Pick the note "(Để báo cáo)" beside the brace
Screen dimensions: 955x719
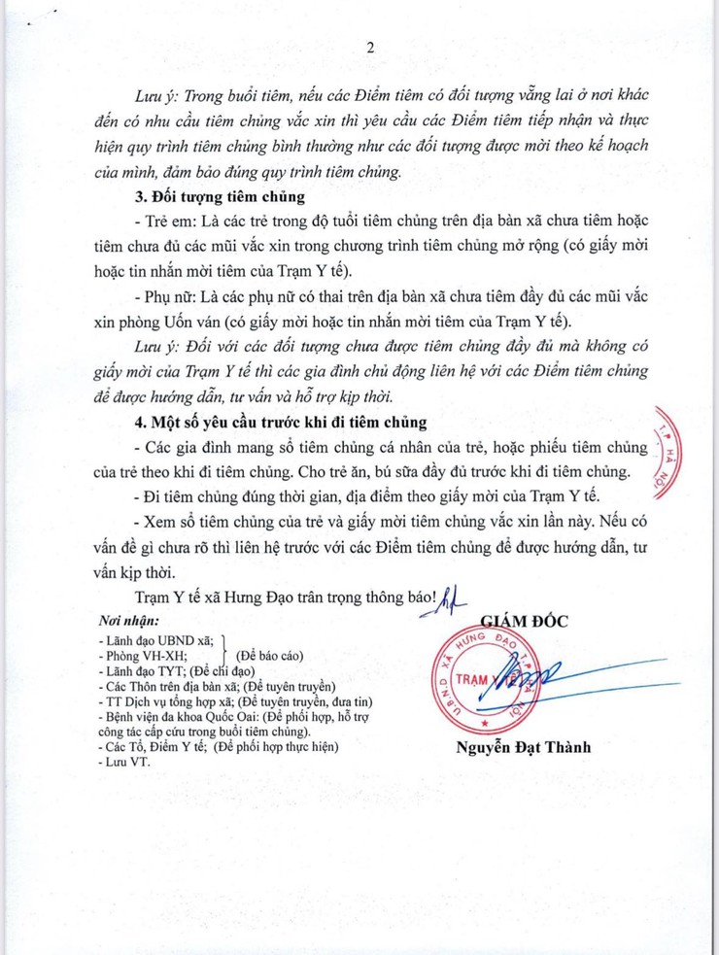(x=274, y=655)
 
